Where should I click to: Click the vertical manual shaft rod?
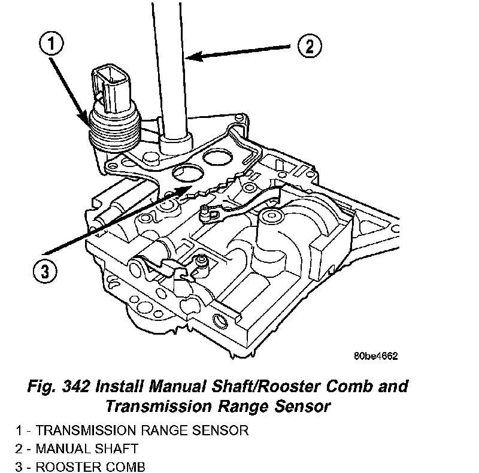coord(172,66)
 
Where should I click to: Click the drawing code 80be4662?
coord(375,355)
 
